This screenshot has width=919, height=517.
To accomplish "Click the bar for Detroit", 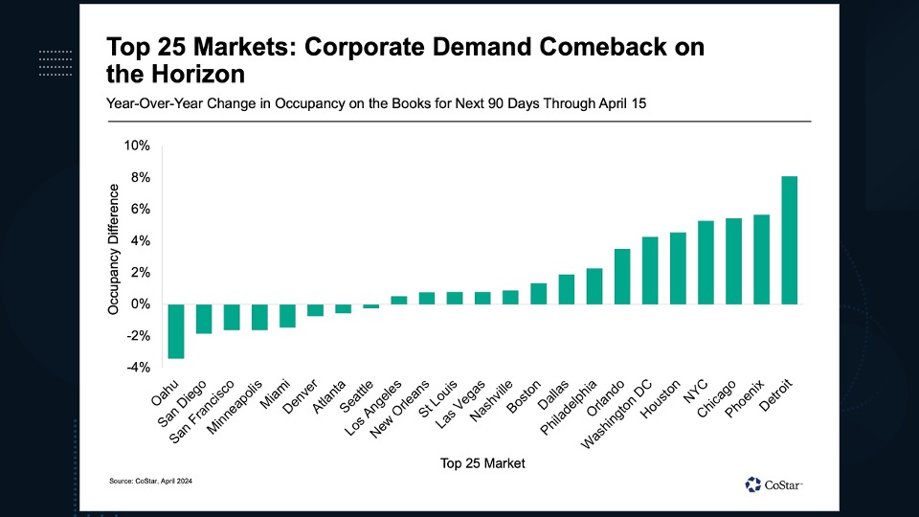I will [x=790, y=240].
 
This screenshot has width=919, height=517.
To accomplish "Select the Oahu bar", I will [x=176, y=331].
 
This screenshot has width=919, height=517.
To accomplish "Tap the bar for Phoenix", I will [x=762, y=259].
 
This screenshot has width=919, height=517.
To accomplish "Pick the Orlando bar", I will [x=622, y=277].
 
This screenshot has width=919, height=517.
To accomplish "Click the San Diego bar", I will [x=204, y=319].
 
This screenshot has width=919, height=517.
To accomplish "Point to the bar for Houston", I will [x=678, y=268].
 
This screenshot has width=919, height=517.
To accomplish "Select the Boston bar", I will [x=539, y=294].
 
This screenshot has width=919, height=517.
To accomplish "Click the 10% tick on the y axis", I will [x=137, y=146].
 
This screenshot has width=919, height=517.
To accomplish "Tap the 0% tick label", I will [x=140, y=304].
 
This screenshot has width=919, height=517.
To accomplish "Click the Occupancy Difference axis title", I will [x=113, y=251].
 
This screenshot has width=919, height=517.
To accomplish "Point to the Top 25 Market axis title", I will [x=482, y=463].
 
